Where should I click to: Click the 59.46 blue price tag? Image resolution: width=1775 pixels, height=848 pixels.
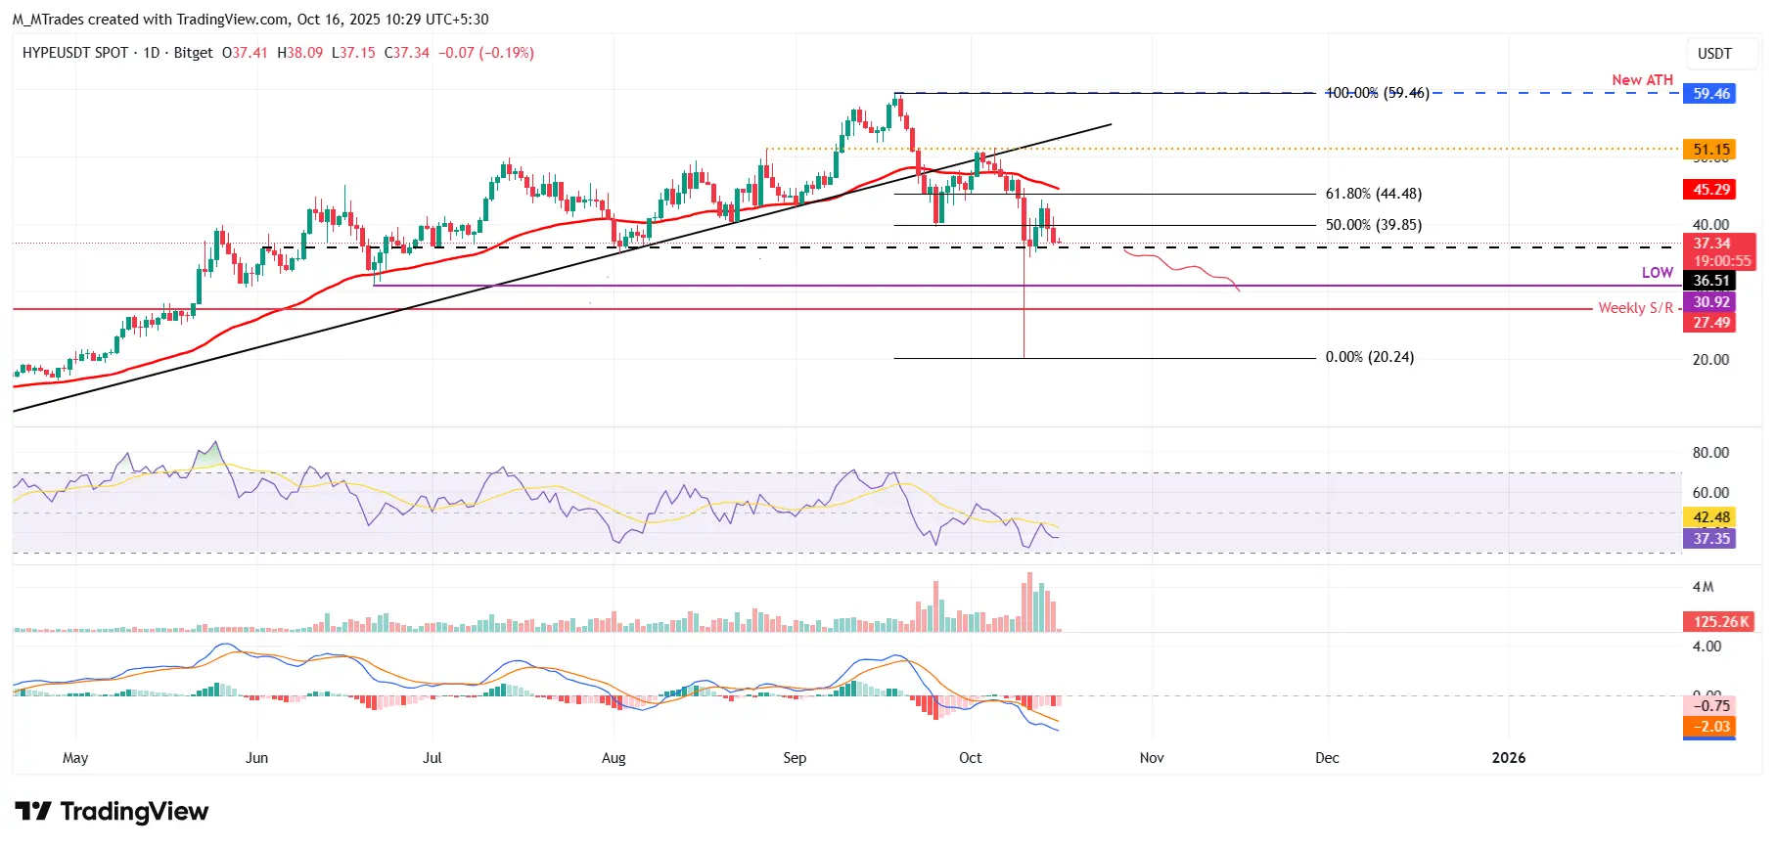(x=1710, y=94)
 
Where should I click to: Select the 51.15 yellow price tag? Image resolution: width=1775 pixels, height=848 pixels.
(x=1710, y=150)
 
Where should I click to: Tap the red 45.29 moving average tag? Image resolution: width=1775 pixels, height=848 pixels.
(x=1710, y=190)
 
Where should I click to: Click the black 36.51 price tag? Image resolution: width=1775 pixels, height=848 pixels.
(x=1710, y=281)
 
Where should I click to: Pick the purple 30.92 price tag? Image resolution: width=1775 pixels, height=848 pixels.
(x=1710, y=302)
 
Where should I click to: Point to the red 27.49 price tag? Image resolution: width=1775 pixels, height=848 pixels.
(x=1710, y=323)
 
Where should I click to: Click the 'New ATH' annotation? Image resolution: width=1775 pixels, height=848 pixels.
(x=1642, y=80)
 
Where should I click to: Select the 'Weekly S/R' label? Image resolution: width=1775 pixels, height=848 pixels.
(x=1635, y=308)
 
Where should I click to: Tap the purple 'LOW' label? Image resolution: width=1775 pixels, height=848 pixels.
(x=1657, y=273)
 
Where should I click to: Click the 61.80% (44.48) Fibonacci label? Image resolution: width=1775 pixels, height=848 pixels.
(x=1373, y=194)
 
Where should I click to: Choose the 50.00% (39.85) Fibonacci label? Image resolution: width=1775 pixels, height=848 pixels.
(x=1373, y=225)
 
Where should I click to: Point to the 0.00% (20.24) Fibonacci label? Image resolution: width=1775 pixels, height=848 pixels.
(x=1369, y=357)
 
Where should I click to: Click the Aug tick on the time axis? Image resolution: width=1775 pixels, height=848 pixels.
(x=614, y=758)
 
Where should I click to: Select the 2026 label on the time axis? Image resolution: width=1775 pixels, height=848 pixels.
(x=1508, y=758)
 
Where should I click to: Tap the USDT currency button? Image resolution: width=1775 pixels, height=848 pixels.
(x=1713, y=54)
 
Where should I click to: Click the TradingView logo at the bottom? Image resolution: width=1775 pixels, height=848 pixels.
(x=112, y=812)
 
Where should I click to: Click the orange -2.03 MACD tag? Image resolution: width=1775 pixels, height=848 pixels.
(x=1710, y=727)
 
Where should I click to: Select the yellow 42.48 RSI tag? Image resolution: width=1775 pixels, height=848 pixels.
(x=1710, y=517)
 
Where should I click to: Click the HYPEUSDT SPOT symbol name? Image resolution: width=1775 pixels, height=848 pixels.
(x=75, y=53)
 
